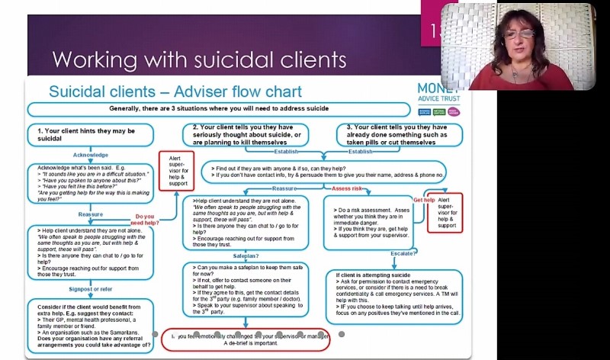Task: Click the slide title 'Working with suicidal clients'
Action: pyautogui.click(x=198, y=59)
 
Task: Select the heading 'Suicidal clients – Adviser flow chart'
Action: pyautogui.click(x=175, y=92)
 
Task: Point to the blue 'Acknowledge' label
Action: pyautogui.click(x=91, y=154)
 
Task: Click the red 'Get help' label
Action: pyautogui.click(x=424, y=200)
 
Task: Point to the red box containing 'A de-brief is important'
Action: pyautogui.click(x=245, y=339)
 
